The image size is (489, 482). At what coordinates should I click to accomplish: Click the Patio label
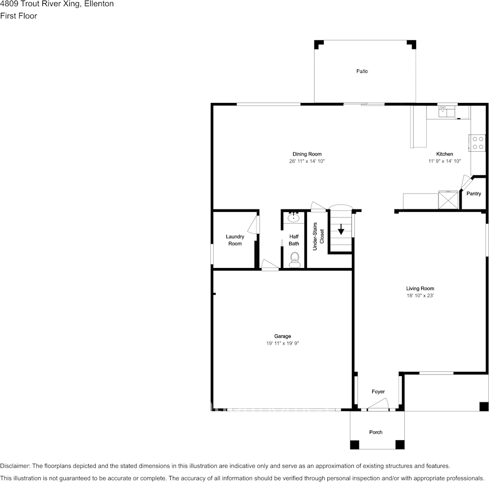pyautogui.click(x=362, y=71)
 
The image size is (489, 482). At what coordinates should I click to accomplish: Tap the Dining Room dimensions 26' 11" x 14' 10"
pyautogui.click(x=307, y=161)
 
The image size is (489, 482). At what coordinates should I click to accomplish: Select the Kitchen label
pyautogui.click(x=444, y=154)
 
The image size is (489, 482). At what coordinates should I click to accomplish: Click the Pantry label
pyautogui.click(x=474, y=194)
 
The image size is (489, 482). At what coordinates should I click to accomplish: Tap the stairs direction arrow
pyautogui.click(x=341, y=230)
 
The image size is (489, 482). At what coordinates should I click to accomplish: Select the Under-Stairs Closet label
pyautogui.click(x=318, y=236)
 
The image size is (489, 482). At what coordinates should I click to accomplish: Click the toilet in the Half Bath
pyautogui.click(x=294, y=261)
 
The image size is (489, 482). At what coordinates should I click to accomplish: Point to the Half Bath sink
pyautogui.click(x=293, y=218)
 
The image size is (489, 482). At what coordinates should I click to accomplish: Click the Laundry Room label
pyautogui.click(x=235, y=240)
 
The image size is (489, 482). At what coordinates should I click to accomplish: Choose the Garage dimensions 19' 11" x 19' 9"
pyautogui.click(x=282, y=343)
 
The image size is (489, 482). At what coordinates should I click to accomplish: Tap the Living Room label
pyautogui.click(x=420, y=288)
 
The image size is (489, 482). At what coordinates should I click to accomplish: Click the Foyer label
pyautogui.click(x=378, y=392)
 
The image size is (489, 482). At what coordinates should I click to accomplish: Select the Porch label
pyautogui.click(x=376, y=432)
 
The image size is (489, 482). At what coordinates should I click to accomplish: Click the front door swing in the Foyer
pyautogui.click(x=378, y=405)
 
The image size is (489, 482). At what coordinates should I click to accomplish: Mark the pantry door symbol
pyautogui.click(x=466, y=182)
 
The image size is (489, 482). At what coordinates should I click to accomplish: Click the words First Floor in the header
pyautogui.click(x=18, y=16)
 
